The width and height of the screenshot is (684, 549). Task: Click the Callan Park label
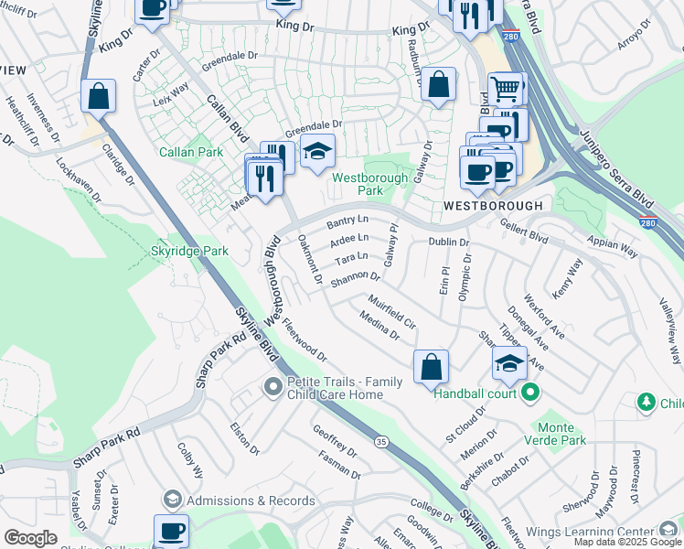coord(191,152)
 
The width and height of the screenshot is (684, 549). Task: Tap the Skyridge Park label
coord(190,250)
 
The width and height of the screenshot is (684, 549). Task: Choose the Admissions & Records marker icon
coord(172,500)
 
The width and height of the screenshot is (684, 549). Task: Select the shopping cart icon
coord(504,89)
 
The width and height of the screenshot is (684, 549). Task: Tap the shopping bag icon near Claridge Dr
coord(98,95)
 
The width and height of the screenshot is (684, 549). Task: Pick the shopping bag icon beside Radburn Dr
coord(439,84)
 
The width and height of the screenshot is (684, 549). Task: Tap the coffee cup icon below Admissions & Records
coord(171,531)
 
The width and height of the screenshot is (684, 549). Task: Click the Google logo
coord(30,538)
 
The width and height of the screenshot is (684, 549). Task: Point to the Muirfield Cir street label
coord(392,311)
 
